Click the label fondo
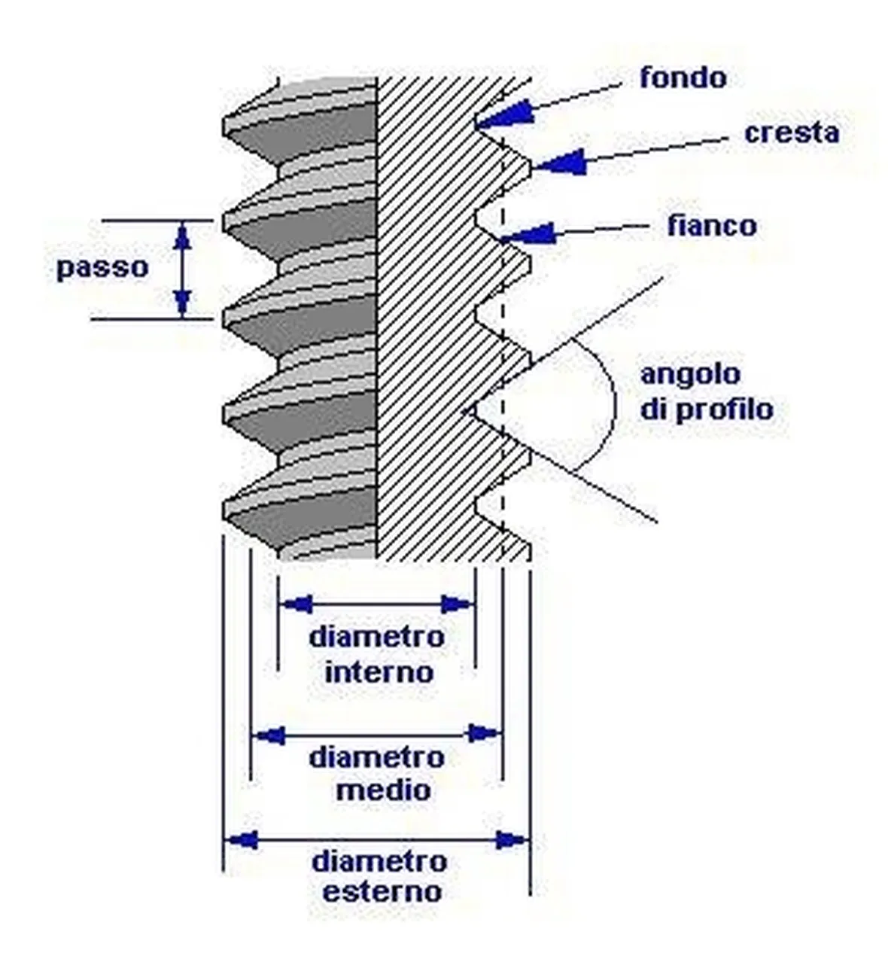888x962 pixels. coord(683,78)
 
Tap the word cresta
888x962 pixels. coord(792,132)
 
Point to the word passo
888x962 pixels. coord(102,269)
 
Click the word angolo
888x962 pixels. coord(691,375)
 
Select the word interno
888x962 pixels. coord(379,674)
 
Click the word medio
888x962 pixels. coord(384,790)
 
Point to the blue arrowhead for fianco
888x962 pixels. coord(528,233)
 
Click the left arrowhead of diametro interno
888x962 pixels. coord(297,604)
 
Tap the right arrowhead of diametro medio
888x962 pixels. coord(482,735)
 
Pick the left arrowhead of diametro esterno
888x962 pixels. coord(242,839)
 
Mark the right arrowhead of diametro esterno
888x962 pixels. coord(512,840)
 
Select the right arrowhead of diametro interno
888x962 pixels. coord(457,604)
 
